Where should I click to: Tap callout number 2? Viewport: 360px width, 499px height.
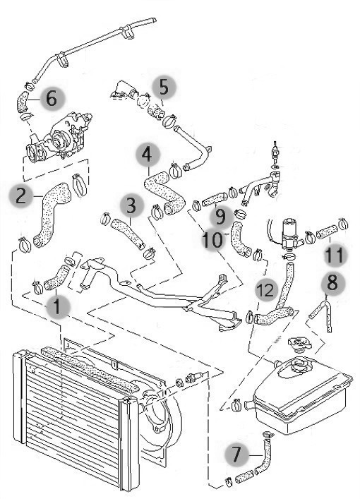[21, 196]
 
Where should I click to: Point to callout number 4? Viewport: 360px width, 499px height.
[148, 155]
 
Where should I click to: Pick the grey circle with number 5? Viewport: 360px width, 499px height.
[164, 88]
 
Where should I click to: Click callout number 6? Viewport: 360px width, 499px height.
[52, 98]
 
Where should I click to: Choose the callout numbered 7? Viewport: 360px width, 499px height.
[236, 455]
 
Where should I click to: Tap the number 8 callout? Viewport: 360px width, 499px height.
[333, 282]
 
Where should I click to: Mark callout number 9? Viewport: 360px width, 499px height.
[220, 217]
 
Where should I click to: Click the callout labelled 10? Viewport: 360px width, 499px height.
[213, 239]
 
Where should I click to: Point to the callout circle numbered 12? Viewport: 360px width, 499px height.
[266, 290]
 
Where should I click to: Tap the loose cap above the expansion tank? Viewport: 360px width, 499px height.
[299, 344]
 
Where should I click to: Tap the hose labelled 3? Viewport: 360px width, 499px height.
[127, 232]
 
